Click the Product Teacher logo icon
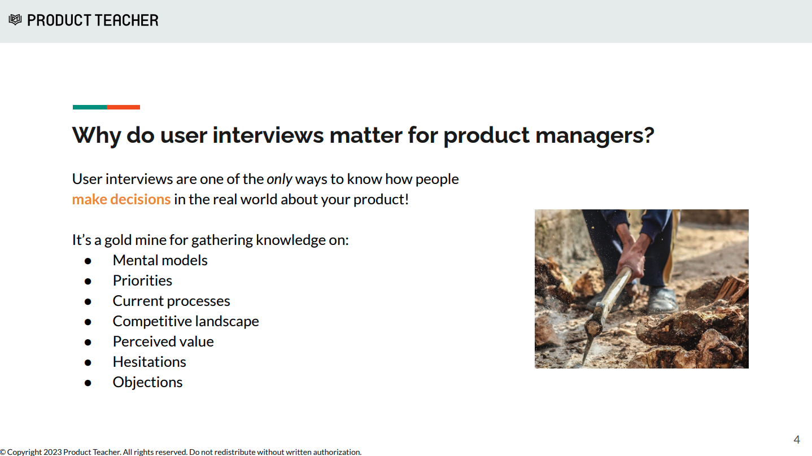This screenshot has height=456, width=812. [x=15, y=20]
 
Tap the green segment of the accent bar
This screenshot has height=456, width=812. [x=90, y=107]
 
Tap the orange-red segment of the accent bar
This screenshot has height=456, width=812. [x=123, y=107]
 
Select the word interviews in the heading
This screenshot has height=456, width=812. [x=268, y=135]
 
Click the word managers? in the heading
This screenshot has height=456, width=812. [x=595, y=136]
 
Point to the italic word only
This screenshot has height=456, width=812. [x=279, y=179]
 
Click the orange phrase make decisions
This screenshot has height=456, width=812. [x=121, y=200]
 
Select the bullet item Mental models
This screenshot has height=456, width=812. [x=160, y=260]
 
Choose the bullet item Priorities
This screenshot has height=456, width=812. [x=142, y=280]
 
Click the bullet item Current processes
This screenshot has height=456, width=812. [x=171, y=301]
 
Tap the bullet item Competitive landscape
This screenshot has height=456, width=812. [x=186, y=321]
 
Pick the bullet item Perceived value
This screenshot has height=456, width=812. [x=163, y=341]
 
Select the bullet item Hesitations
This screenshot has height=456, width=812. [x=149, y=362]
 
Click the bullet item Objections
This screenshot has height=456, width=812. [x=147, y=382]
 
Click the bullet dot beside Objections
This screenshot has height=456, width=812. [x=88, y=383]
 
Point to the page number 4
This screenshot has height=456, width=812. [x=796, y=440]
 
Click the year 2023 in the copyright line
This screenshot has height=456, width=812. [x=53, y=452]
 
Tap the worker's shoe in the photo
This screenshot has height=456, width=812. [x=662, y=299]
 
